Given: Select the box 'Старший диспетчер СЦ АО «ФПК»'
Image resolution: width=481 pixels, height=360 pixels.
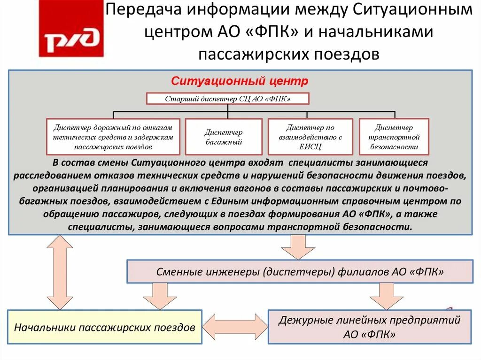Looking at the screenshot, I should pos(228,99).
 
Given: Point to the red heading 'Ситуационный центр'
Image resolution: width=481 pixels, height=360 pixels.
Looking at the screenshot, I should pos(240,81).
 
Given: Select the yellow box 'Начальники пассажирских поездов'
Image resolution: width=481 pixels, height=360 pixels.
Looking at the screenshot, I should pos(104,327).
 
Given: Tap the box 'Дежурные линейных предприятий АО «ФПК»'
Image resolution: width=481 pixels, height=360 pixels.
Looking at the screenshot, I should pos(369,327).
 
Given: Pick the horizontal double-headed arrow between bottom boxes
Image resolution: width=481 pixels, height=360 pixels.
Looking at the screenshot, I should pos(235,325).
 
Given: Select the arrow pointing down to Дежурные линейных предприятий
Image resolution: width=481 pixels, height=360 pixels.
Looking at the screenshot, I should pos(386,297).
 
